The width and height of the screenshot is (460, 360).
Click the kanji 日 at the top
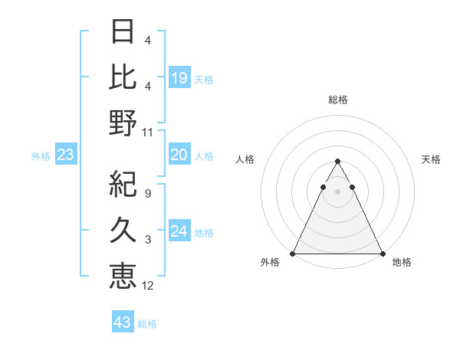coord(123,32)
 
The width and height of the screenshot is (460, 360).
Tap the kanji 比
coord(123,77)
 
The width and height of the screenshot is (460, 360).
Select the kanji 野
coord(123,123)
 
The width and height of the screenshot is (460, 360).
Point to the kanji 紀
coord(123,184)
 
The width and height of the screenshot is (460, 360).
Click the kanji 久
coord(123,231)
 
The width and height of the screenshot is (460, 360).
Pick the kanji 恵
coord(123,277)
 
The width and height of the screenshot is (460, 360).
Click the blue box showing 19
coord(179,78)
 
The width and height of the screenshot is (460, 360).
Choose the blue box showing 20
coord(179,155)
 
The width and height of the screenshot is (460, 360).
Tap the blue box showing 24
coord(179,232)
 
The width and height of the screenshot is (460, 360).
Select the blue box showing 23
coord(66,155)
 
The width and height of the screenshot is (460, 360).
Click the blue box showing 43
coord(122,322)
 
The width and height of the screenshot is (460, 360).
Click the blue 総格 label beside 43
coord(148,324)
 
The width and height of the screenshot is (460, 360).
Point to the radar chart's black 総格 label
coord(338,100)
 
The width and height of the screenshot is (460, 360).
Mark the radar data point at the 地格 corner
coord(382,254)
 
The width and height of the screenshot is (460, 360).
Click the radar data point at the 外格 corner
coord(293,254)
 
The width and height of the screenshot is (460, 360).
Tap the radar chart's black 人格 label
coord(246,159)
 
